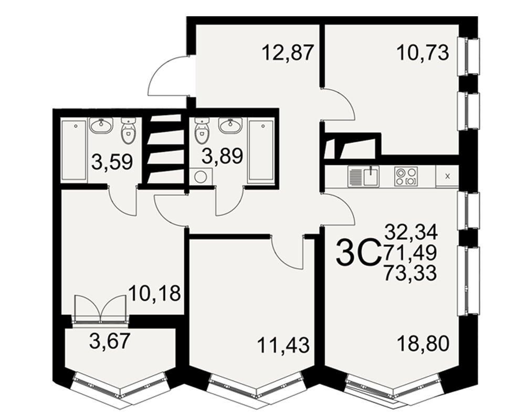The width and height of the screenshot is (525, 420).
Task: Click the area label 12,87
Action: point(288,53)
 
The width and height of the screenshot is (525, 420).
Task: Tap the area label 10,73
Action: point(423,53)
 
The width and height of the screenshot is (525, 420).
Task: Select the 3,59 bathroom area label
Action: point(112,162)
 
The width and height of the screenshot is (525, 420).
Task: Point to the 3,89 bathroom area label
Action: point(222,156)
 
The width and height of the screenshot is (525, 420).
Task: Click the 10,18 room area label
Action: point(155,293)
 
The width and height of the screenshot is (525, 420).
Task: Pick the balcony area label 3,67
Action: point(110,342)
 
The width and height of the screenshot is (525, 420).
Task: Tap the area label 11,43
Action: point(283,345)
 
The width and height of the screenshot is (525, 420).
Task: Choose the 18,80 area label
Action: point(423,344)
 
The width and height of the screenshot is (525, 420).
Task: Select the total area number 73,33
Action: point(411,272)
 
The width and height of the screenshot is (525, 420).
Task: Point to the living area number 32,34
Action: point(411,232)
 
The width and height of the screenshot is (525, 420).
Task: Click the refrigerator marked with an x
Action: point(447,176)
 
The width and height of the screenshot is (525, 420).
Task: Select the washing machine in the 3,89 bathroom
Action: point(201,176)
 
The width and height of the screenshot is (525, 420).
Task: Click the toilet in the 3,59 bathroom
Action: point(128,131)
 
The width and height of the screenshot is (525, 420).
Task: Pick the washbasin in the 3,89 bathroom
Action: point(230,125)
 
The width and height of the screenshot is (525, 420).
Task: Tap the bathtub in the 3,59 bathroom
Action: point(75,150)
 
